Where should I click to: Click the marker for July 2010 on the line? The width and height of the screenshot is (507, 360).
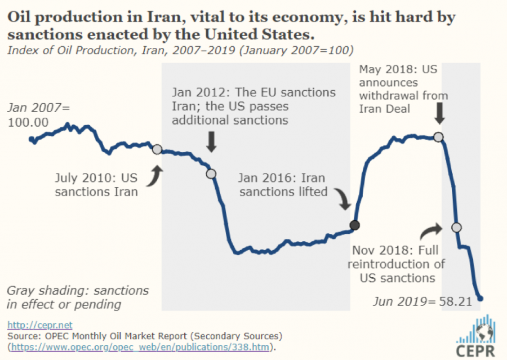click(157, 149)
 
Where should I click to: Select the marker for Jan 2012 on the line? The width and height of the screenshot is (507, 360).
click(211, 174)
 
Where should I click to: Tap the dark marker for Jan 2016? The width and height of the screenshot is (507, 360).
click(354, 226)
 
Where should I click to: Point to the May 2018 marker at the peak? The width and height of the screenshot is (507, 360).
click(438, 137)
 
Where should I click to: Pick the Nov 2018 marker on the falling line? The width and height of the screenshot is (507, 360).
click(456, 227)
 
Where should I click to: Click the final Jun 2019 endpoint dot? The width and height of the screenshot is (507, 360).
click(481, 299)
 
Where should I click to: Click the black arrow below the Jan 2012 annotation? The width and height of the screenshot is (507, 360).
click(211, 141)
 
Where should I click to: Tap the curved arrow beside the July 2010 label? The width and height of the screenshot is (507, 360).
click(153, 176)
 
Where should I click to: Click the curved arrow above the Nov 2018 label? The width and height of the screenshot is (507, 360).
click(432, 230)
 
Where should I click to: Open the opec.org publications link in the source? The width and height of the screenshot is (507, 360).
click(140, 346)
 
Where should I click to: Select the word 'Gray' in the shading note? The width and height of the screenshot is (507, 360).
click(20, 291)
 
